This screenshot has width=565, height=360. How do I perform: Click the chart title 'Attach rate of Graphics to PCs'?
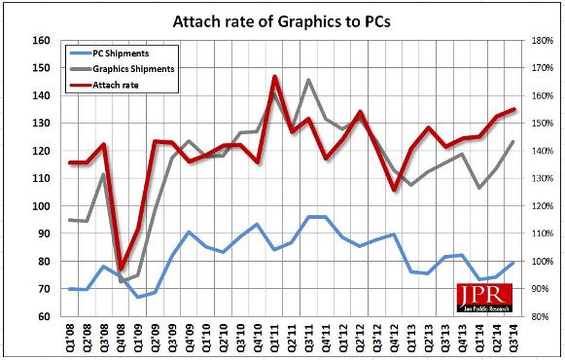(282, 18)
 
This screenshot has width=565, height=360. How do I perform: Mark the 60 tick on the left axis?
(43, 317)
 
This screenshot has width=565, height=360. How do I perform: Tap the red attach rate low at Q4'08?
(122, 269)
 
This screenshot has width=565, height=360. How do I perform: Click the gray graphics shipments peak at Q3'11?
(308, 80)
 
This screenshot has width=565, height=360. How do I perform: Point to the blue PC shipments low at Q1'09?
(138, 297)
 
